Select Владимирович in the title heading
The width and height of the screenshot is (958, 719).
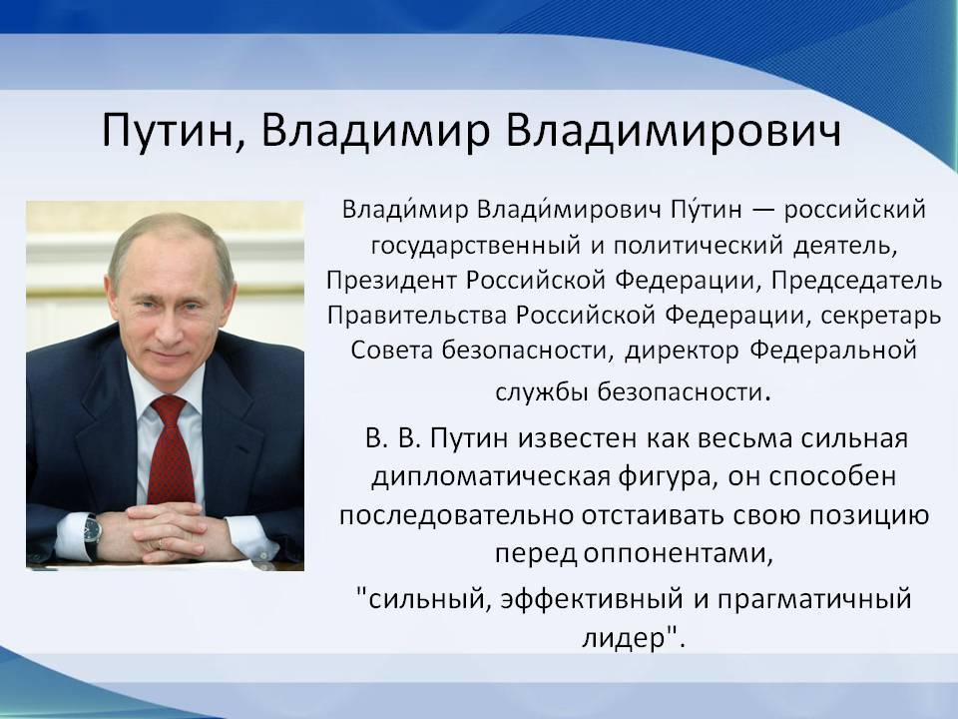(674, 130)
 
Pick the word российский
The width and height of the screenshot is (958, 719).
(855, 211)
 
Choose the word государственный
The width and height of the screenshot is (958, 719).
(475, 247)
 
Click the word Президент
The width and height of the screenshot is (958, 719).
(391, 280)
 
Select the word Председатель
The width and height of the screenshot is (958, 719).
(856, 281)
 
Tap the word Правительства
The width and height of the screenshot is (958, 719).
(417, 316)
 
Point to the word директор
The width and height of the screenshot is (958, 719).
(682, 351)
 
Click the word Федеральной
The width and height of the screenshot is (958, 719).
(833, 351)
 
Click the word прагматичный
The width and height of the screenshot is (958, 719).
(814, 599)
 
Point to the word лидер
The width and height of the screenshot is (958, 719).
(623, 638)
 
